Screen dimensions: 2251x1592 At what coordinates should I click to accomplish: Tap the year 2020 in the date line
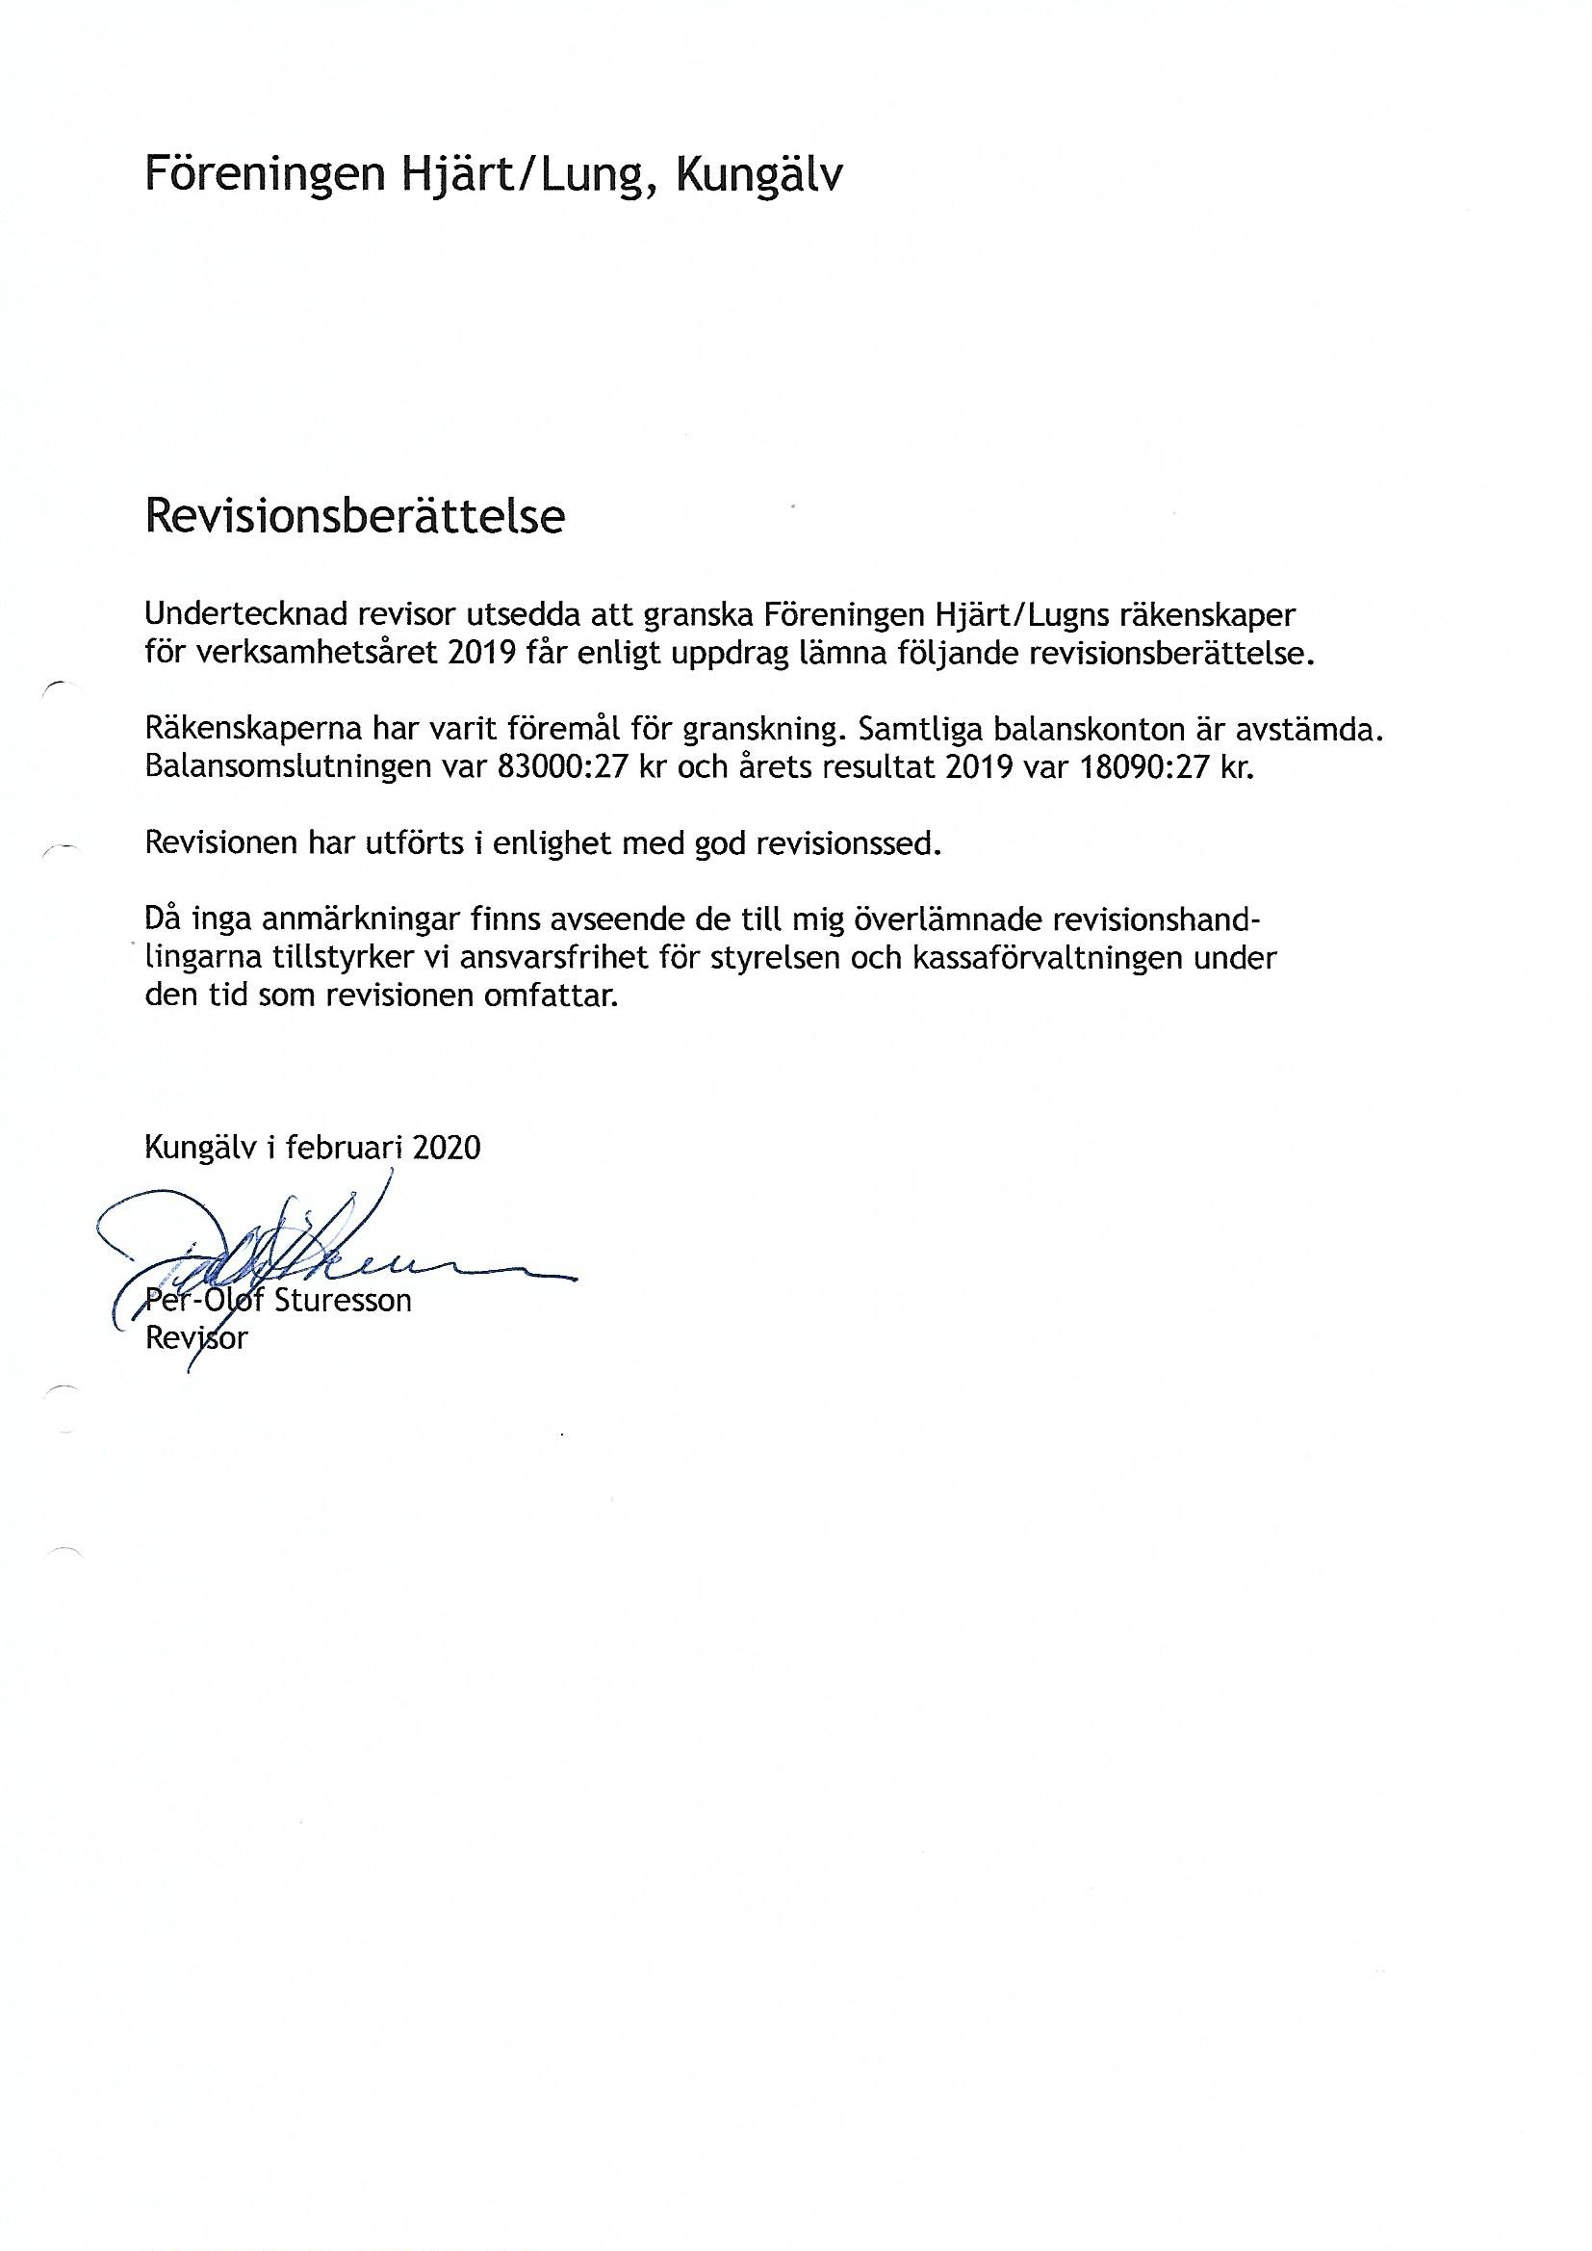point(447,1147)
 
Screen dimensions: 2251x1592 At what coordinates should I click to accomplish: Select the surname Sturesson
point(342,1301)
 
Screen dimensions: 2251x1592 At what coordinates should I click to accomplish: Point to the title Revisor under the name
point(195,1337)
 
